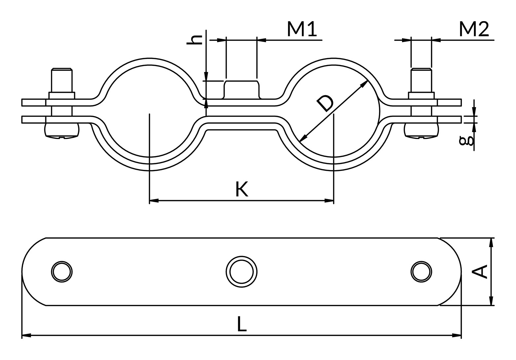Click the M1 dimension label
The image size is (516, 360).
[x=302, y=29]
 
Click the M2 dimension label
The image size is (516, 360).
[x=474, y=29]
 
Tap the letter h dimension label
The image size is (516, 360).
[x=195, y=40]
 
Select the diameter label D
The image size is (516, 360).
[x=325, y=104]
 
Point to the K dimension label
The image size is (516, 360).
[x=241, y=189]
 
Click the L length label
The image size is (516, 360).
[x=241, y=324]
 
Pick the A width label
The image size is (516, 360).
[x=480, y=272]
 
